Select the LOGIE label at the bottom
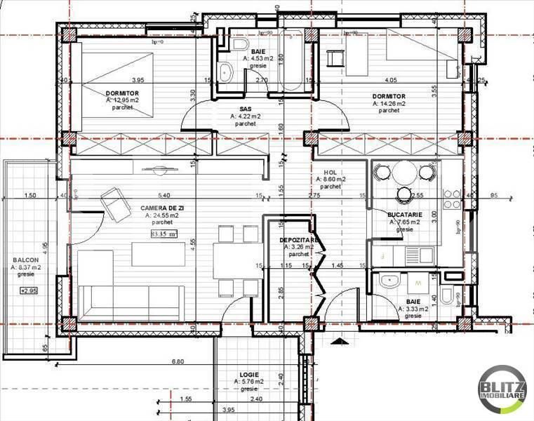(x=251, y=374)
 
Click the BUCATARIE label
(x=403, y=213)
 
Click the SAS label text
(x=245, y=109)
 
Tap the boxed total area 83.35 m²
(x=164, y=234)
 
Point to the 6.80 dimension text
(x=178, y=362)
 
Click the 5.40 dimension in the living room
(x=164, y=195)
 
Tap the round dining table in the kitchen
(x=403, y=173)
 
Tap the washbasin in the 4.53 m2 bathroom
(x=227, y=71)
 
